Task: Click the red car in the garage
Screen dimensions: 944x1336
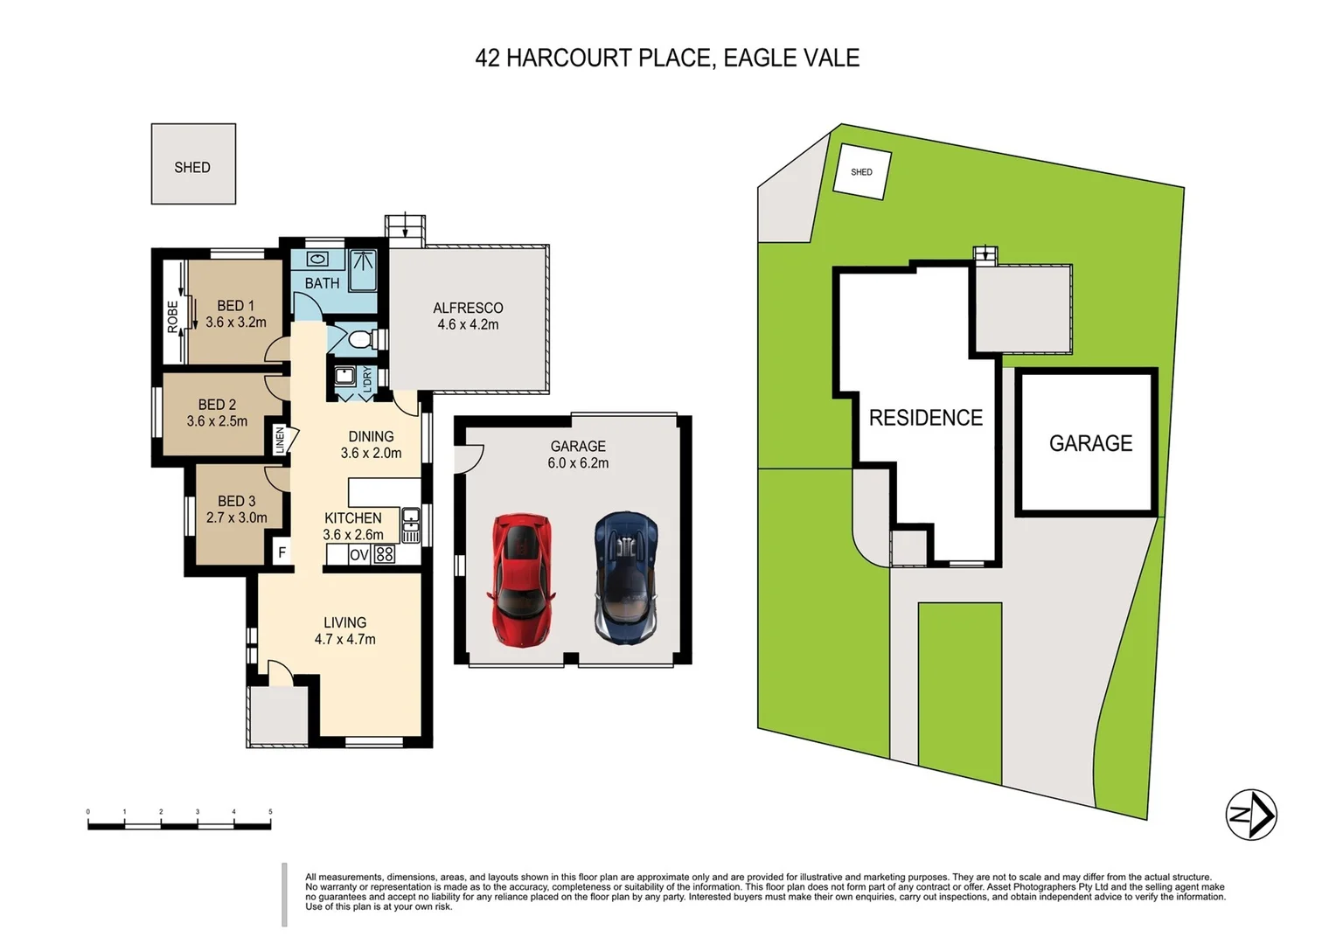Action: (x=521, y=580)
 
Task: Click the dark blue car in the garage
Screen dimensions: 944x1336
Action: (x=626, y=577)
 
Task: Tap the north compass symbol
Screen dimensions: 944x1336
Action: (x=1251, y=815)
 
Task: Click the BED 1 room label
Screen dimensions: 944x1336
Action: (x=235, y=306)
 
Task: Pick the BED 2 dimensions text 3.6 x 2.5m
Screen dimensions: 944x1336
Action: (x=217, y=421)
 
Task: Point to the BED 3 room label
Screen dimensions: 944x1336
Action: (x=236, y=501)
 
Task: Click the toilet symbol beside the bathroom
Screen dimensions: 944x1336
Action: (x=359, y=338)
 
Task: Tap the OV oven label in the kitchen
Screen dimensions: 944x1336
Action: (x=358, y=555)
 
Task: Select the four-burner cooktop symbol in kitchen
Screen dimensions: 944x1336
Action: (x=384, y=554)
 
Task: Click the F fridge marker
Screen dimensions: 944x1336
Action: (x=282, y=552)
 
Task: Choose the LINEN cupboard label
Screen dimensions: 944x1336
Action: (x=280, y=440)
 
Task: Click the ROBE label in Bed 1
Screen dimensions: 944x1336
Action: (x=172, y=316)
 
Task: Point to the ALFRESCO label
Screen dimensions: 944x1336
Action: (x=468, y=308)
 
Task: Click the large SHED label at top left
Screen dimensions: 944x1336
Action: (x=192, y=167)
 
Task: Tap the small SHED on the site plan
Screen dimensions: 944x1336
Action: (x=861, y=172)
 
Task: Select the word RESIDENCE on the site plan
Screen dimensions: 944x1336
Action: (x=925, y=418)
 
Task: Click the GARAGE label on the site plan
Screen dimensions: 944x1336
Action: (x=1090, y=444)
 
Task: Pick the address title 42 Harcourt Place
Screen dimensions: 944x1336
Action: (x=667, y=58)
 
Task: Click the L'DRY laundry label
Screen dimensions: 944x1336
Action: (x=367, y=379)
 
